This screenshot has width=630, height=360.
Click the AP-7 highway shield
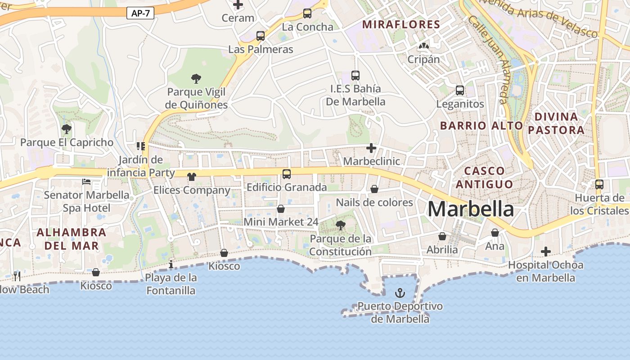pos(140,13)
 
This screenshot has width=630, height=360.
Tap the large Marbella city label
pos(470,209)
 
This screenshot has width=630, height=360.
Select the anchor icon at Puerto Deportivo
pos(400,293)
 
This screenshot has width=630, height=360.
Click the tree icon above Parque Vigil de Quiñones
pos(196,79)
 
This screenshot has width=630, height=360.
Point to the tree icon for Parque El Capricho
pos(67,130)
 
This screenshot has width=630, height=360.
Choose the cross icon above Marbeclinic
pos(371,148)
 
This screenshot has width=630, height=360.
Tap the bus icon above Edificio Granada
pos(287,174)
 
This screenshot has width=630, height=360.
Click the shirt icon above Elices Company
pos(192,177)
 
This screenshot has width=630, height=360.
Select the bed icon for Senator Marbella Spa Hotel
pos(86,182)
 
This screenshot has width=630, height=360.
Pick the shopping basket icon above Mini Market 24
pos(281,209)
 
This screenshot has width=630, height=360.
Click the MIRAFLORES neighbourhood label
pos(401,24)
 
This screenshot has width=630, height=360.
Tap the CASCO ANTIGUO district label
pos(484,177)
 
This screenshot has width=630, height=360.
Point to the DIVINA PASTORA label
pos(556,123)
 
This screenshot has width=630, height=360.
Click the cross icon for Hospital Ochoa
pos(546,252)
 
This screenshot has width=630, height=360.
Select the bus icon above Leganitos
pos(460,90)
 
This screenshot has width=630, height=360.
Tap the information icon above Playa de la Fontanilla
pos(171,264)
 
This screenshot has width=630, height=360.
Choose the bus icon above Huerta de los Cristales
pos(599,184)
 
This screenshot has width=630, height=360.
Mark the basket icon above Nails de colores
pos(374,189)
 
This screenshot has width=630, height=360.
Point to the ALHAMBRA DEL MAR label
pos(71,239)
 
